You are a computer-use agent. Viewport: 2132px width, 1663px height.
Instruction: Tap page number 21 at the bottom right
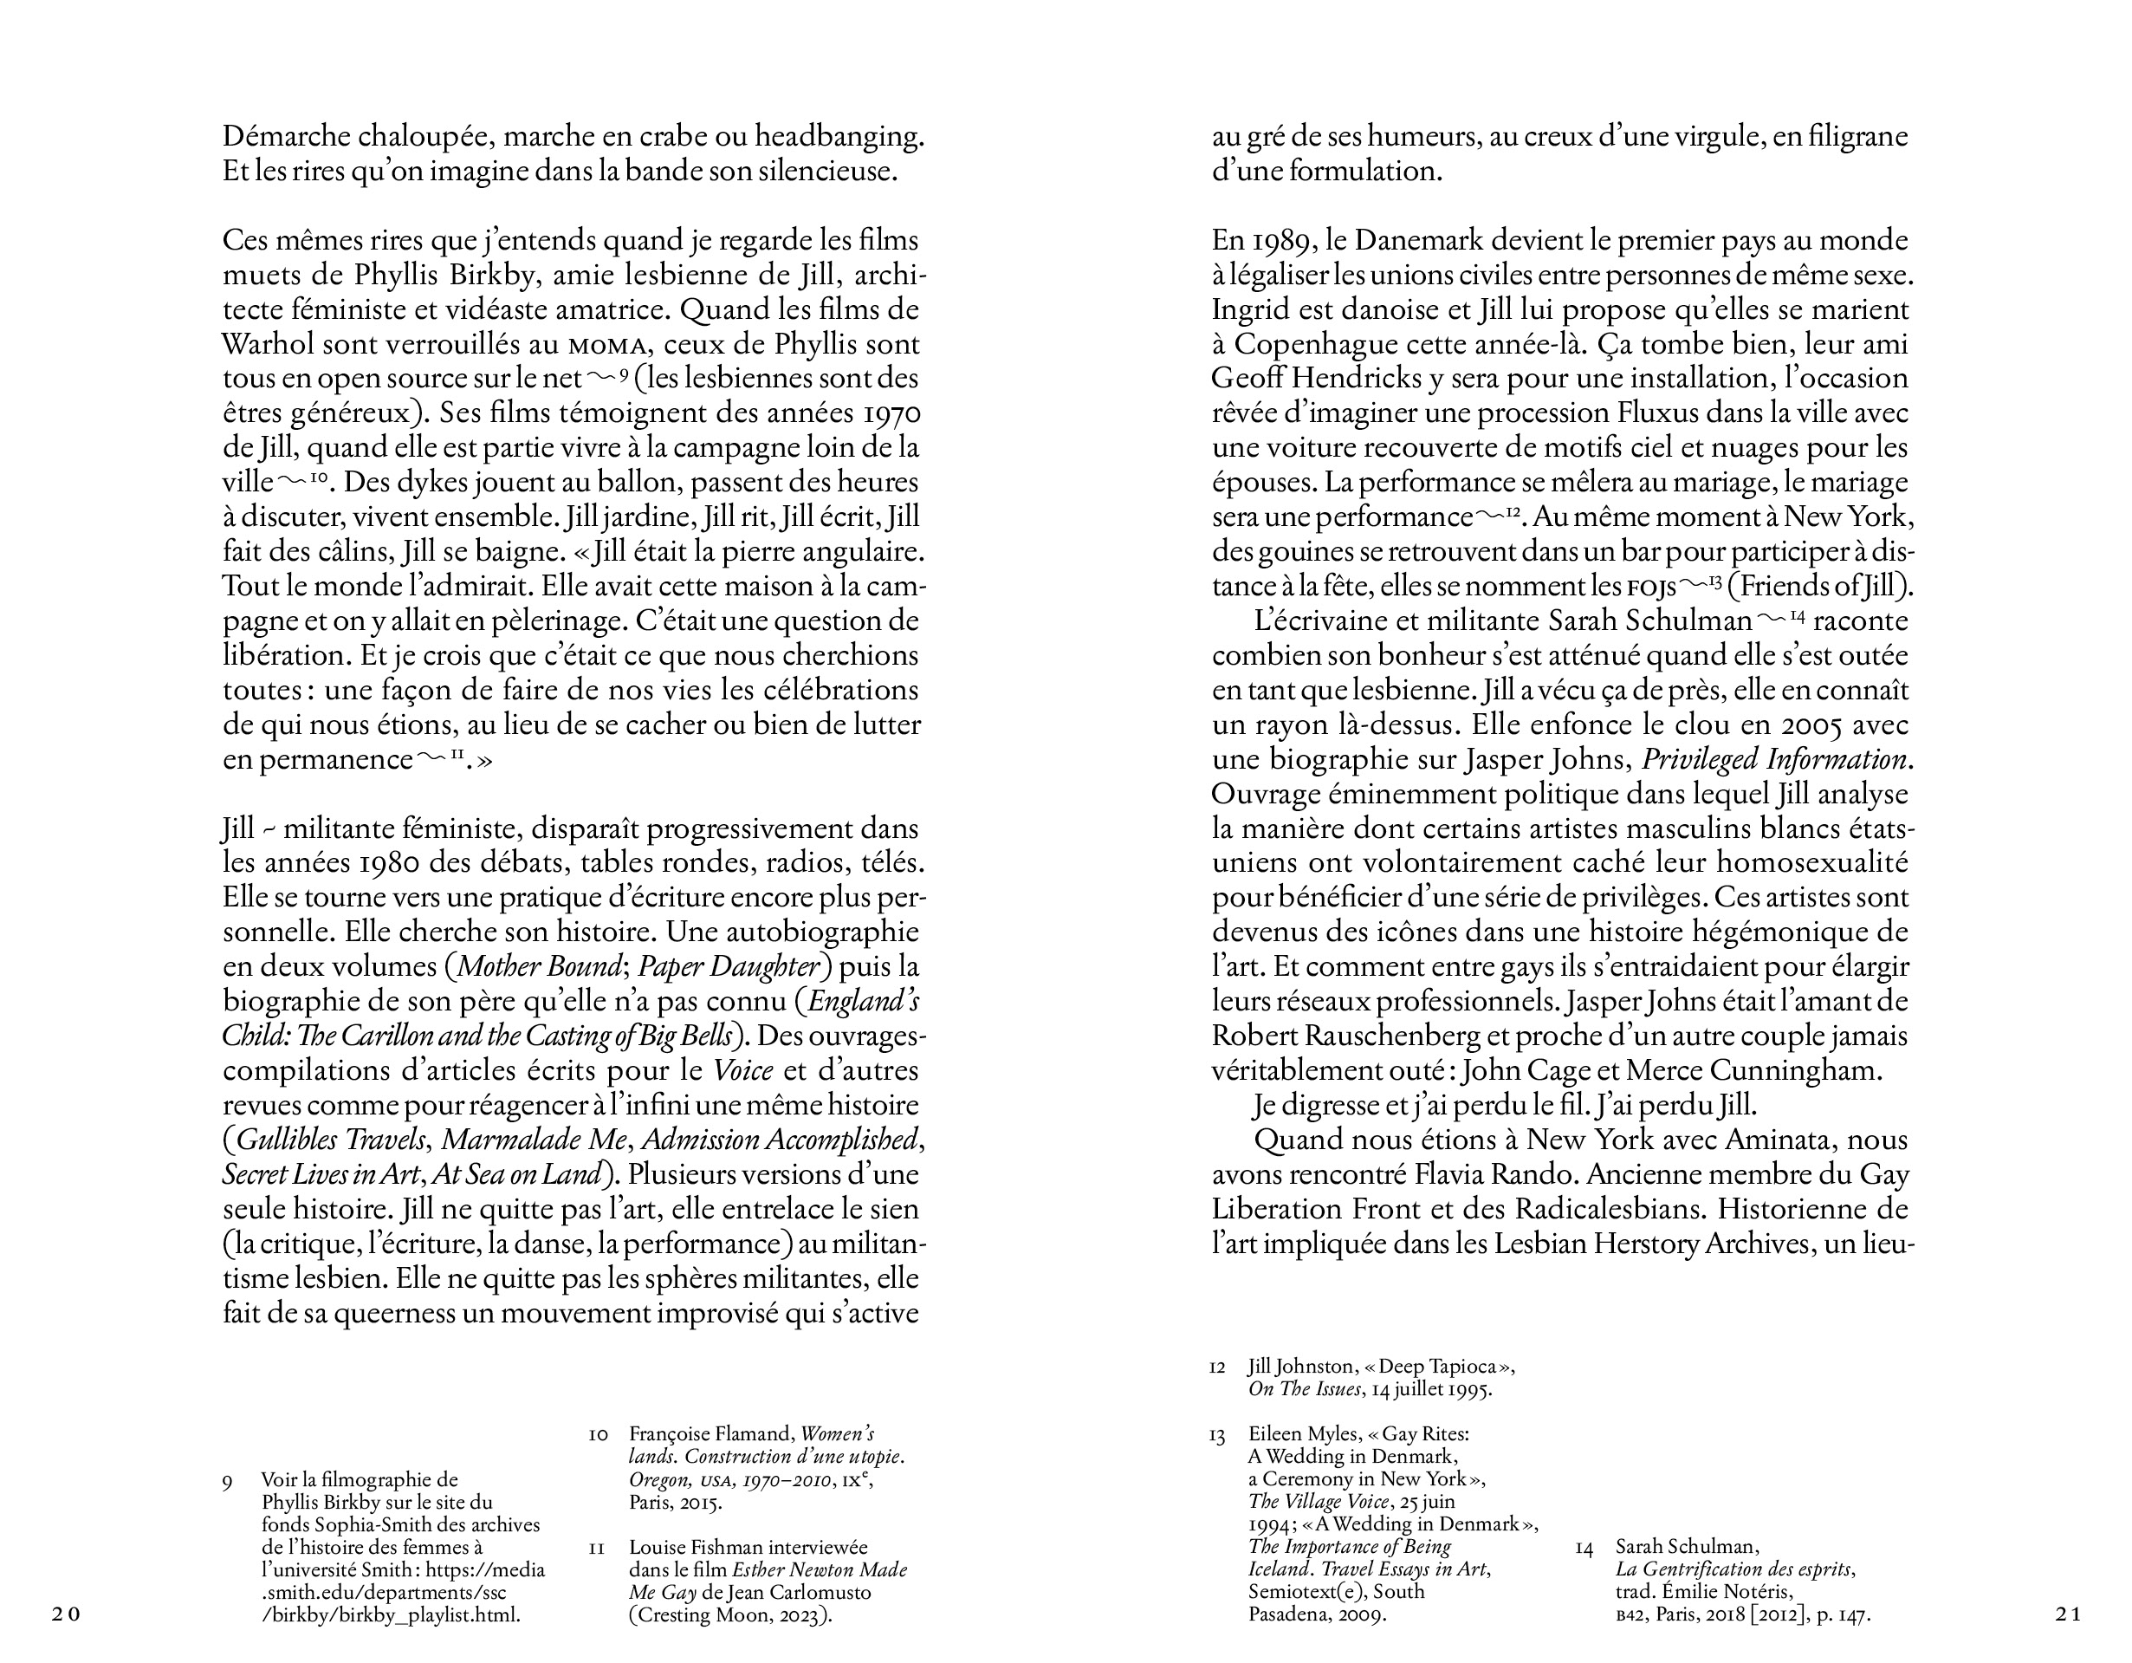[2068, 1614]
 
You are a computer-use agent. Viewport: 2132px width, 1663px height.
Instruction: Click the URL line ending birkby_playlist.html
[391, 1614]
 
